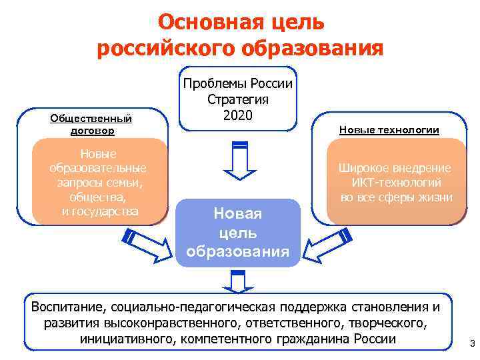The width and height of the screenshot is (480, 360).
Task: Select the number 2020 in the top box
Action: (x=239, y=114)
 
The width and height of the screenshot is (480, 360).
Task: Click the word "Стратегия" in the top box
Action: (x=238, y=99)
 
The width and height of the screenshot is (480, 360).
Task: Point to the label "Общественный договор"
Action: (x=91, y=125)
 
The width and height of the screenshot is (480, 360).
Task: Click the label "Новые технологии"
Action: (x=389, y=130)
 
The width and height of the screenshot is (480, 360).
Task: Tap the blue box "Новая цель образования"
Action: (x=238, y=233)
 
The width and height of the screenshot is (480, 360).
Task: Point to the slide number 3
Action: (x=472, y=344)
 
